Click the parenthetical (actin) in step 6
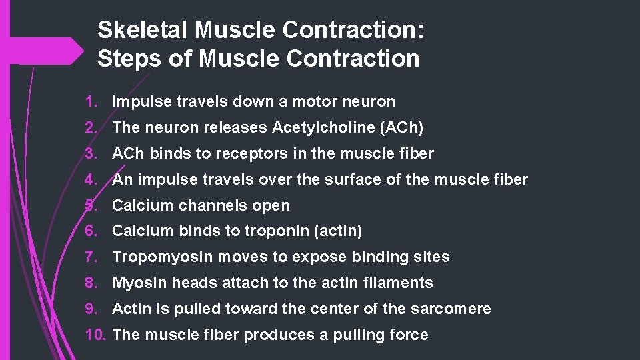click(x=340, y=231)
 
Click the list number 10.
click(x=96, y=335)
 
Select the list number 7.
click(x=91, y=257)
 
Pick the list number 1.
click(x=91, y=102)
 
